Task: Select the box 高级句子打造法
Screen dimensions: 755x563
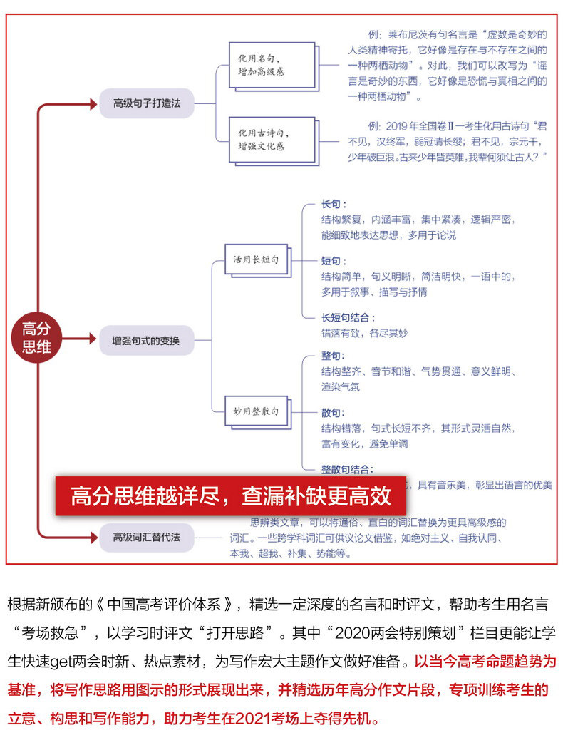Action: pos(147,103)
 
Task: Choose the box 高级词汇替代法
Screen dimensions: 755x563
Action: pos(146,536)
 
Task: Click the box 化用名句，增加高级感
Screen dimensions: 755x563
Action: pos(272,65)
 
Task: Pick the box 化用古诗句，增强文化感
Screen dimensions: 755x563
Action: pos(272,139)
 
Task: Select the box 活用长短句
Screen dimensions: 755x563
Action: pos(256,260)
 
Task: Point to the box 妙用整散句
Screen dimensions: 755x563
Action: pos(256,411)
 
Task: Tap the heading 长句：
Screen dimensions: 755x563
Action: pos(334,205)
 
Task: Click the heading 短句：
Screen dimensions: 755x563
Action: pos(334,261)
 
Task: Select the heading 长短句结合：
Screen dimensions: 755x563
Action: pos(348,317)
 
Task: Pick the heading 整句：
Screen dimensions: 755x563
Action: pos(334,356)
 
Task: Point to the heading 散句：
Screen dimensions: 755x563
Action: pos(334,412)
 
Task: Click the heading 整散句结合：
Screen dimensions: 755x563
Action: pos(348,468)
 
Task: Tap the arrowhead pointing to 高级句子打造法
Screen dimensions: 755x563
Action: pos(92,104)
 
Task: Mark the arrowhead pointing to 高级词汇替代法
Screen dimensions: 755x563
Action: pos(92,536)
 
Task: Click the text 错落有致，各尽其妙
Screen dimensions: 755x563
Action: pos(364,333)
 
